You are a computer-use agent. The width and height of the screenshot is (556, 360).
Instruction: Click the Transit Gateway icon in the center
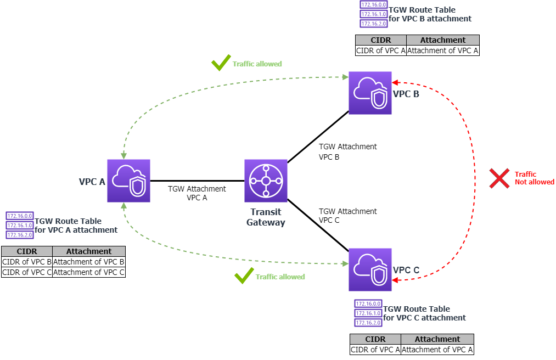click(x=266, y=181)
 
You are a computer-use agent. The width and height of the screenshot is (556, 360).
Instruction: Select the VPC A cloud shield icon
click(x=128, y=181)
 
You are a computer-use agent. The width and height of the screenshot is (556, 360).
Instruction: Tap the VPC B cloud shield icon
click(x=370, y=93)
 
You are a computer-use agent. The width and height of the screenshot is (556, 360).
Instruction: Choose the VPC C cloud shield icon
click(x=370, y=269)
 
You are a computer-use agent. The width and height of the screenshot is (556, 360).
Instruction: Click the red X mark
click(x=499, y=178)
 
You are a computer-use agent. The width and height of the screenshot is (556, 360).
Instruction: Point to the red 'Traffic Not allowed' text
click(x=534, y=178)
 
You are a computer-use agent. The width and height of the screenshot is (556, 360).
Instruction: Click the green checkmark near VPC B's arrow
click(x=221, y=63)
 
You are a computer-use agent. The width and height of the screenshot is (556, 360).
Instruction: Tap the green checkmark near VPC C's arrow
click(x=244, y=276)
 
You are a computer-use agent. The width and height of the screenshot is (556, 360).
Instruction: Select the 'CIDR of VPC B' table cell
click(x=27, y=262)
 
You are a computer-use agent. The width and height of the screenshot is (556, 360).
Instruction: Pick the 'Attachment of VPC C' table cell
click(x=89, y=272)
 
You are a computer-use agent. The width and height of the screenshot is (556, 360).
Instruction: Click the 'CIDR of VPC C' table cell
click(x=27, y=272)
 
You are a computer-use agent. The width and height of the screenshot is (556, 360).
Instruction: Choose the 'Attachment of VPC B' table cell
click(x=89, y=262)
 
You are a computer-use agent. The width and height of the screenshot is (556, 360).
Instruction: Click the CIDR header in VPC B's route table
click(x=381, y=40)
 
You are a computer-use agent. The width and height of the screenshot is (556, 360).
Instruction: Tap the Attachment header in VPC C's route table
click(x=437, y=339)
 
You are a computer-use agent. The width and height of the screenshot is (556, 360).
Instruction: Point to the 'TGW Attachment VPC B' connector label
click(x=347, y=151)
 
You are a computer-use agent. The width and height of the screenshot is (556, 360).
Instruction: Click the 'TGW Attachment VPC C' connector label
click(x=347, y=216)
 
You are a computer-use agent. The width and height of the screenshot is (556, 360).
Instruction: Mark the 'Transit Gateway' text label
click(x=266, y=217)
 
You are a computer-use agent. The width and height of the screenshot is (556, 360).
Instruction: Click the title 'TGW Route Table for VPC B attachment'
click(x=430, y=14)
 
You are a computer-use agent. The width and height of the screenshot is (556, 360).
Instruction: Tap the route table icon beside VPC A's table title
click(x=20, y=226)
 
